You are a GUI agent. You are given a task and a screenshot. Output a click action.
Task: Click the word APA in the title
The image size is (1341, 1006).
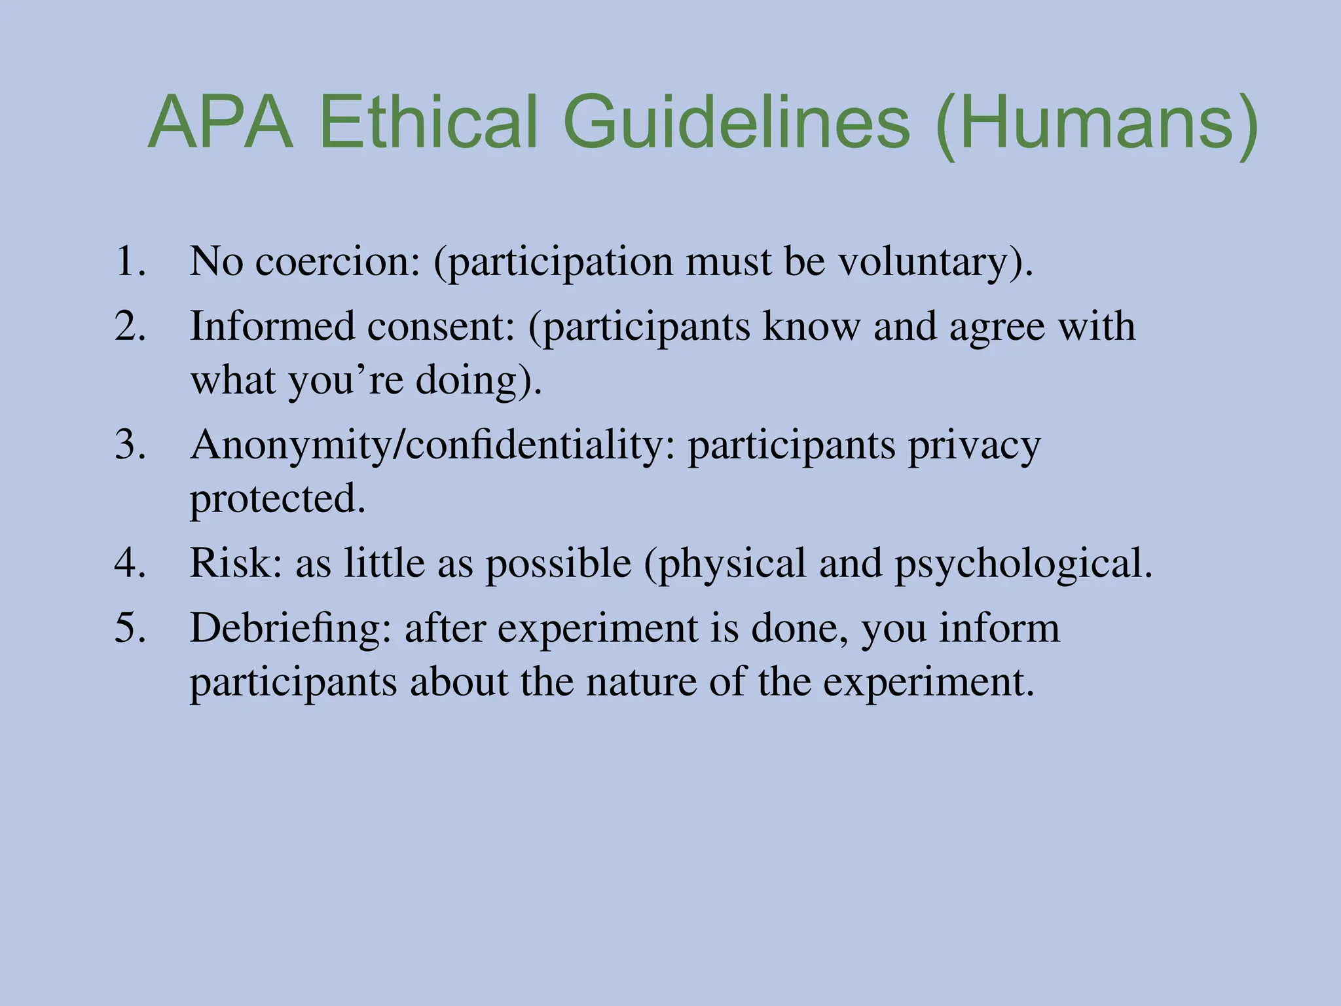221,123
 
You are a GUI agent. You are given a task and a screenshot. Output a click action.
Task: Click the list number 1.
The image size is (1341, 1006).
129,261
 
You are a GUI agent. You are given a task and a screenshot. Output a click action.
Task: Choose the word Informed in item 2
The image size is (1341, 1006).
272,326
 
